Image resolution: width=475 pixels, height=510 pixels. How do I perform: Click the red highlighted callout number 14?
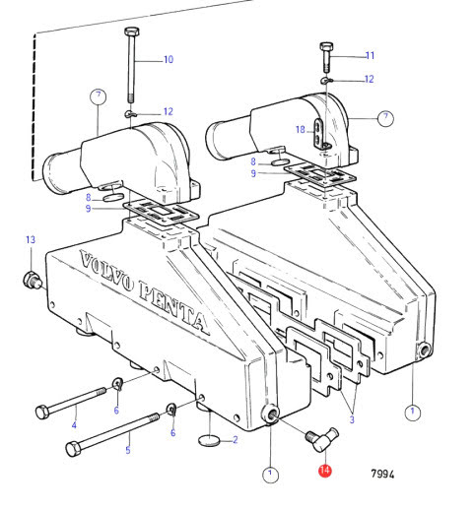325,471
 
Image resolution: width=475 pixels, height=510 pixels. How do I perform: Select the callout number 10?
169,59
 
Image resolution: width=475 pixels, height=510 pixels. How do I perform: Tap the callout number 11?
371,55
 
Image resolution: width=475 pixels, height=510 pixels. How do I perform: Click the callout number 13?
31,239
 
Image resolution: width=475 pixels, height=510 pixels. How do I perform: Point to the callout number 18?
301,130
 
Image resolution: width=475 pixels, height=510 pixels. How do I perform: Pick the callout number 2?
236,440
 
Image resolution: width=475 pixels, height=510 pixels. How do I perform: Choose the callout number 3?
352,419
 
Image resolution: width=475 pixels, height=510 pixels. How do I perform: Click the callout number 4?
74,425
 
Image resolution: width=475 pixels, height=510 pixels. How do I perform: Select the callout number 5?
128,450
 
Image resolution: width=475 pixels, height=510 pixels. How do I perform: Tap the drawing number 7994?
382,474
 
